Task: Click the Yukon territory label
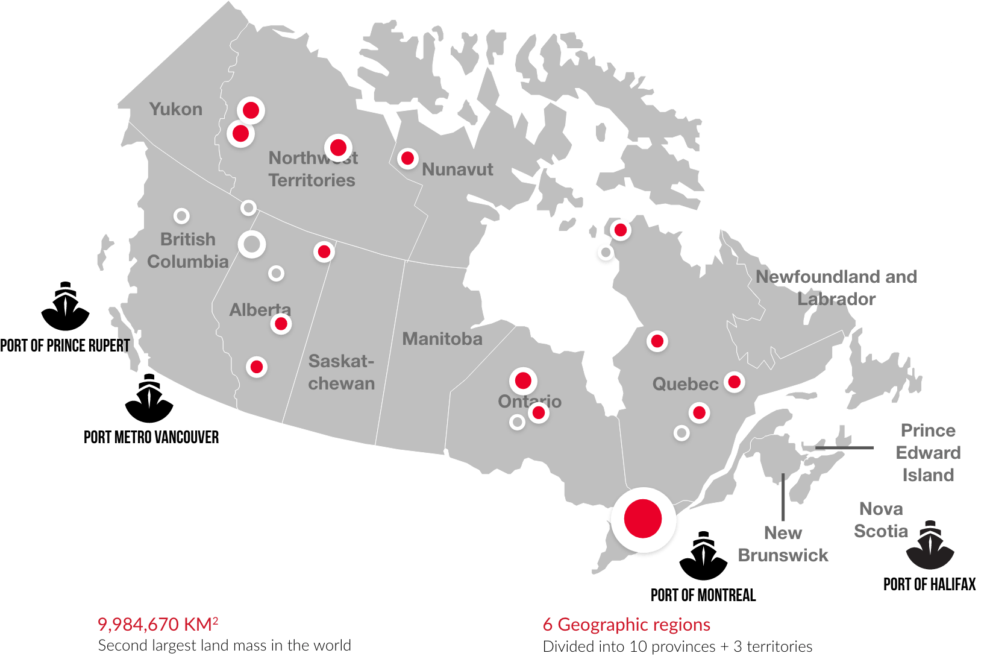pos(175,109)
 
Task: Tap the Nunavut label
pos(457,169)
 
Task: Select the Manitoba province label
pos(442,339)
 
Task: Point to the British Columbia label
pos(188,250)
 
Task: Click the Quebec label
pos(685,384)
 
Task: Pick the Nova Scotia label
pos(880,520)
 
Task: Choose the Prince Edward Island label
pos(928,452)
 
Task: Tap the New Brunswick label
pos(783,544)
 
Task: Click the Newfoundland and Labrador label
pos(836,288)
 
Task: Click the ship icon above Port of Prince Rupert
pos(65,306)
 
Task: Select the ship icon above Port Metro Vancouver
pos(149,399)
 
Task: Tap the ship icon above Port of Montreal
pos(703,556)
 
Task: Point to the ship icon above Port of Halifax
pos(930,545)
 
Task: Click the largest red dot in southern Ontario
pos(643,519)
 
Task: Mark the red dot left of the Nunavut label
pos(407,159)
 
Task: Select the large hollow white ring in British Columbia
pos(252,245)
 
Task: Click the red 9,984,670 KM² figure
pos(158,624)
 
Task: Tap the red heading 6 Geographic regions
pos(627,625)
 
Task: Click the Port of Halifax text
pos(929,584)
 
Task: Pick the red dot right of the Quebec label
pos(734,382)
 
